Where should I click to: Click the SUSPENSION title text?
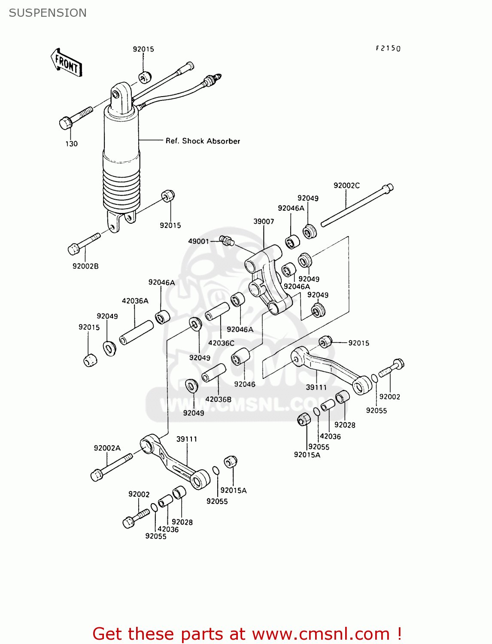(x=48, y=13)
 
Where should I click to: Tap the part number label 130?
(x=71, y=144)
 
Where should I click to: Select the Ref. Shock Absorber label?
(x=203, y=141)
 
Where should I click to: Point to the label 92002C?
(x=346, y=185)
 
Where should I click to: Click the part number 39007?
(x=264, y=222)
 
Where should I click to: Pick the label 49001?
(x=198, y=241)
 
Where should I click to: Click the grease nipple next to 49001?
(x=226, y=240)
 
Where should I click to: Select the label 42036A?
(x=135, y=301)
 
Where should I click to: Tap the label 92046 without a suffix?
(x=245, y=384)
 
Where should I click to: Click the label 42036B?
(x=218, y=399)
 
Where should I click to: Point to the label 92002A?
(x=107, y=448)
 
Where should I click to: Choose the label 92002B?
(x=85, y=266)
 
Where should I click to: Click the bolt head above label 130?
(x=66, y=123)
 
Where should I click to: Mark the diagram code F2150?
(x=388, y=49)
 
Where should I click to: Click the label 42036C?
(x=221, y=343)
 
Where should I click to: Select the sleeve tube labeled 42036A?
(x=136, y=332)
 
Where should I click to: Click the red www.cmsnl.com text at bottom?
(x=321, y=634)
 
